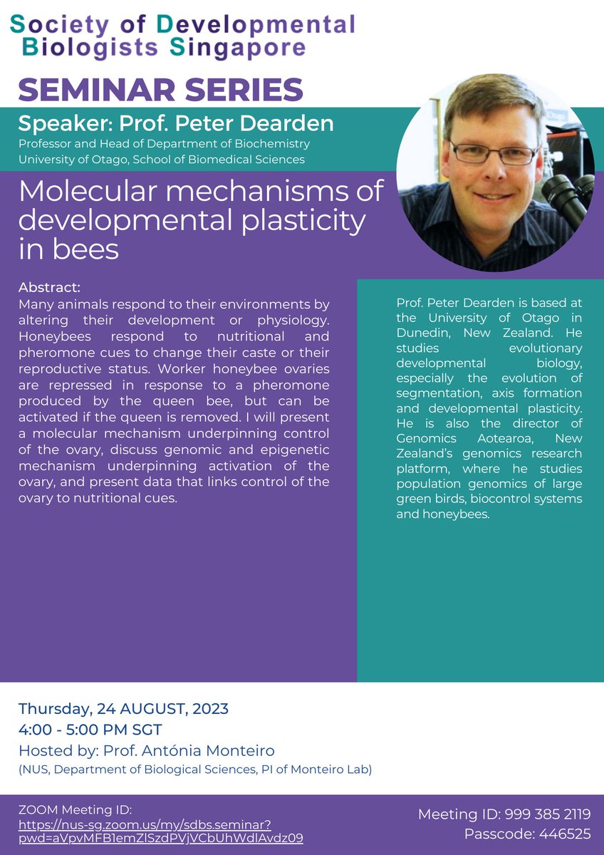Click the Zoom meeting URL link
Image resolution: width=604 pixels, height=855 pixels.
160,831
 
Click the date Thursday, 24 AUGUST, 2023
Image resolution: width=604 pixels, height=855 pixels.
123,709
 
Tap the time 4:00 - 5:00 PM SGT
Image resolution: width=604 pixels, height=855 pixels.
90,730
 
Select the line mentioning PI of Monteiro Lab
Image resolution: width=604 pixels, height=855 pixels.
195,769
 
